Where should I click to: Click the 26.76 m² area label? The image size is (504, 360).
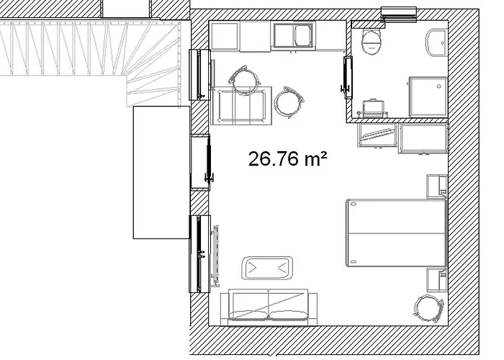[x=288, y=159]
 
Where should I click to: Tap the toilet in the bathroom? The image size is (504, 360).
[x=372, y=42]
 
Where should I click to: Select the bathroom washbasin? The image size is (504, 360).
[x=436, y=42]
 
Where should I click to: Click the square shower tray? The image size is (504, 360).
[x=428, y=96]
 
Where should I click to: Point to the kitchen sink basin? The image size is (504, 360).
[x=303, y=36]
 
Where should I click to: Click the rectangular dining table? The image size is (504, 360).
[x=242, y=106]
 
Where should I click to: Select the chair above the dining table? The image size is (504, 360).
[x=245, y=80]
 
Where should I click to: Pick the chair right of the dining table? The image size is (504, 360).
[x=289, y=102]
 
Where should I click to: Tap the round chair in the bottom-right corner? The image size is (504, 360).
[x=429, y=309]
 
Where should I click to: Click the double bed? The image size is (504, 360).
[x=396, y=233]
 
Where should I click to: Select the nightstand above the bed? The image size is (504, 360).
[x=436, y=186]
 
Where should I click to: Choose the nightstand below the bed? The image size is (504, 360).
[x=437, y=279]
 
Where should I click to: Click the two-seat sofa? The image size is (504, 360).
[x=269, y=307]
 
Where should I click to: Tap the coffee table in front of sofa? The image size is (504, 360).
[x=267, y=268]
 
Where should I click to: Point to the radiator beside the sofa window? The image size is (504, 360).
[x=215, y=256]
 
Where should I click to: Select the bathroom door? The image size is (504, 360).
[x=347, y=78]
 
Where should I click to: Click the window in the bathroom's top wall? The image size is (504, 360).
[x=399, y=15]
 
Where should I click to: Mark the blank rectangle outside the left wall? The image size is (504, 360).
[x=162, y=172]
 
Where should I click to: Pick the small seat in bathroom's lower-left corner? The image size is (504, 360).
[x=373, y=108]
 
